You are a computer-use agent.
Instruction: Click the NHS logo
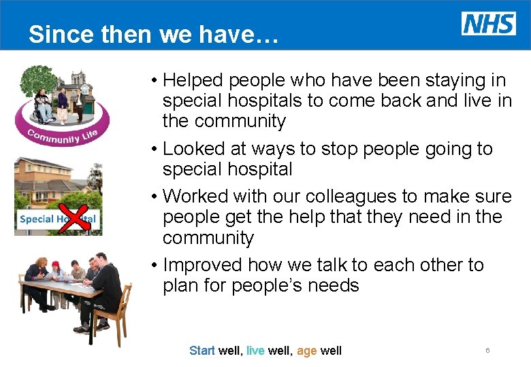(x=488, y=23)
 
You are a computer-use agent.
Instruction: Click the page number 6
(x=487, y=350)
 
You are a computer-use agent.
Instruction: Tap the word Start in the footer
(x=202, y=351)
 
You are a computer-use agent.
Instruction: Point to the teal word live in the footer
(x=255, y=351)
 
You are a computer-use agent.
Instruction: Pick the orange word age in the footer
(x=307, y=351)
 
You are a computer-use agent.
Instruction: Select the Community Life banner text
(x=62, y=135)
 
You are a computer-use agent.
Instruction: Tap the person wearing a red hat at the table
(x=57, y=272)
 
